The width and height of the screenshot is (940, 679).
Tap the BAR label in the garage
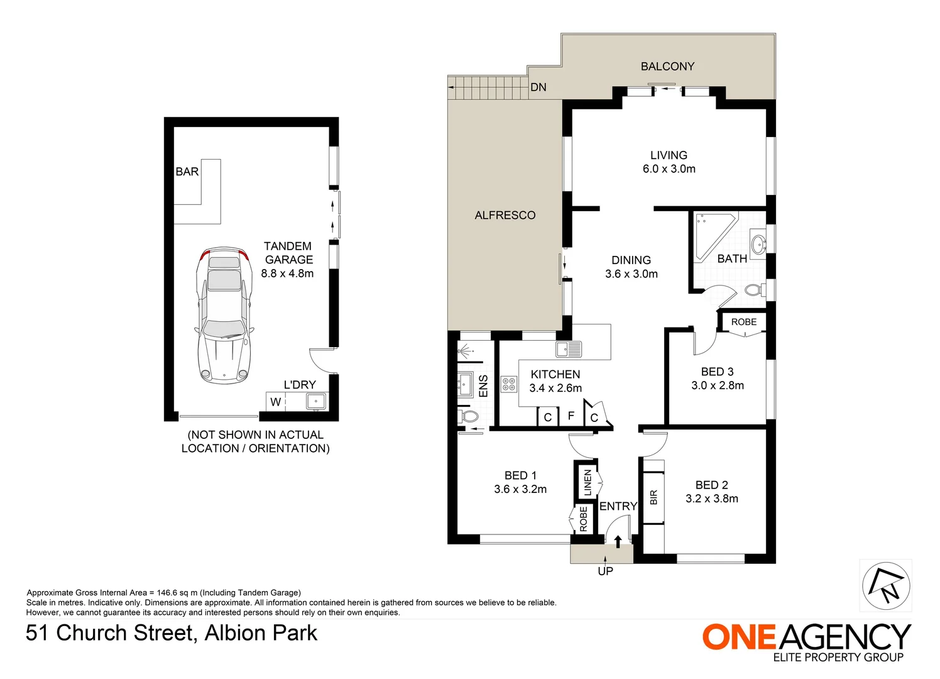[x=187, y=172]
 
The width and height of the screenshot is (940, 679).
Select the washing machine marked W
[x=275, y=402]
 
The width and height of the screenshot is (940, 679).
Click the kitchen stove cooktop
[x=508, y=384]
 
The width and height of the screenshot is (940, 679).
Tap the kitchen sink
[x=569, y=348]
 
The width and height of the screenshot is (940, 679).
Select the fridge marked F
[x=571, y=416]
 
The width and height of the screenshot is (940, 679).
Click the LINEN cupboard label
[x=588, y=482]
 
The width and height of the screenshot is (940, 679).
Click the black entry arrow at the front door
[x=618, y=541]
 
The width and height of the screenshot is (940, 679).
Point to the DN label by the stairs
[x=538, y=87]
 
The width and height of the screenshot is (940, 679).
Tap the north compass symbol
[x=885, y=585]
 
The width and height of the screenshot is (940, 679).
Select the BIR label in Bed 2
[x=653, y=497]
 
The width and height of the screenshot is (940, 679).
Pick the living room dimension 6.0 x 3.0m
[x=669, y=169]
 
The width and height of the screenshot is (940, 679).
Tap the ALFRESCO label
[x=505, y=215]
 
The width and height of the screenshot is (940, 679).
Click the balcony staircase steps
[x=488, y=87]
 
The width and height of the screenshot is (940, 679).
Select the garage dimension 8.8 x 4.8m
[x=287, y=273]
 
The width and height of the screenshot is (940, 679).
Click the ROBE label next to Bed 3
[x=743, y=322]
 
